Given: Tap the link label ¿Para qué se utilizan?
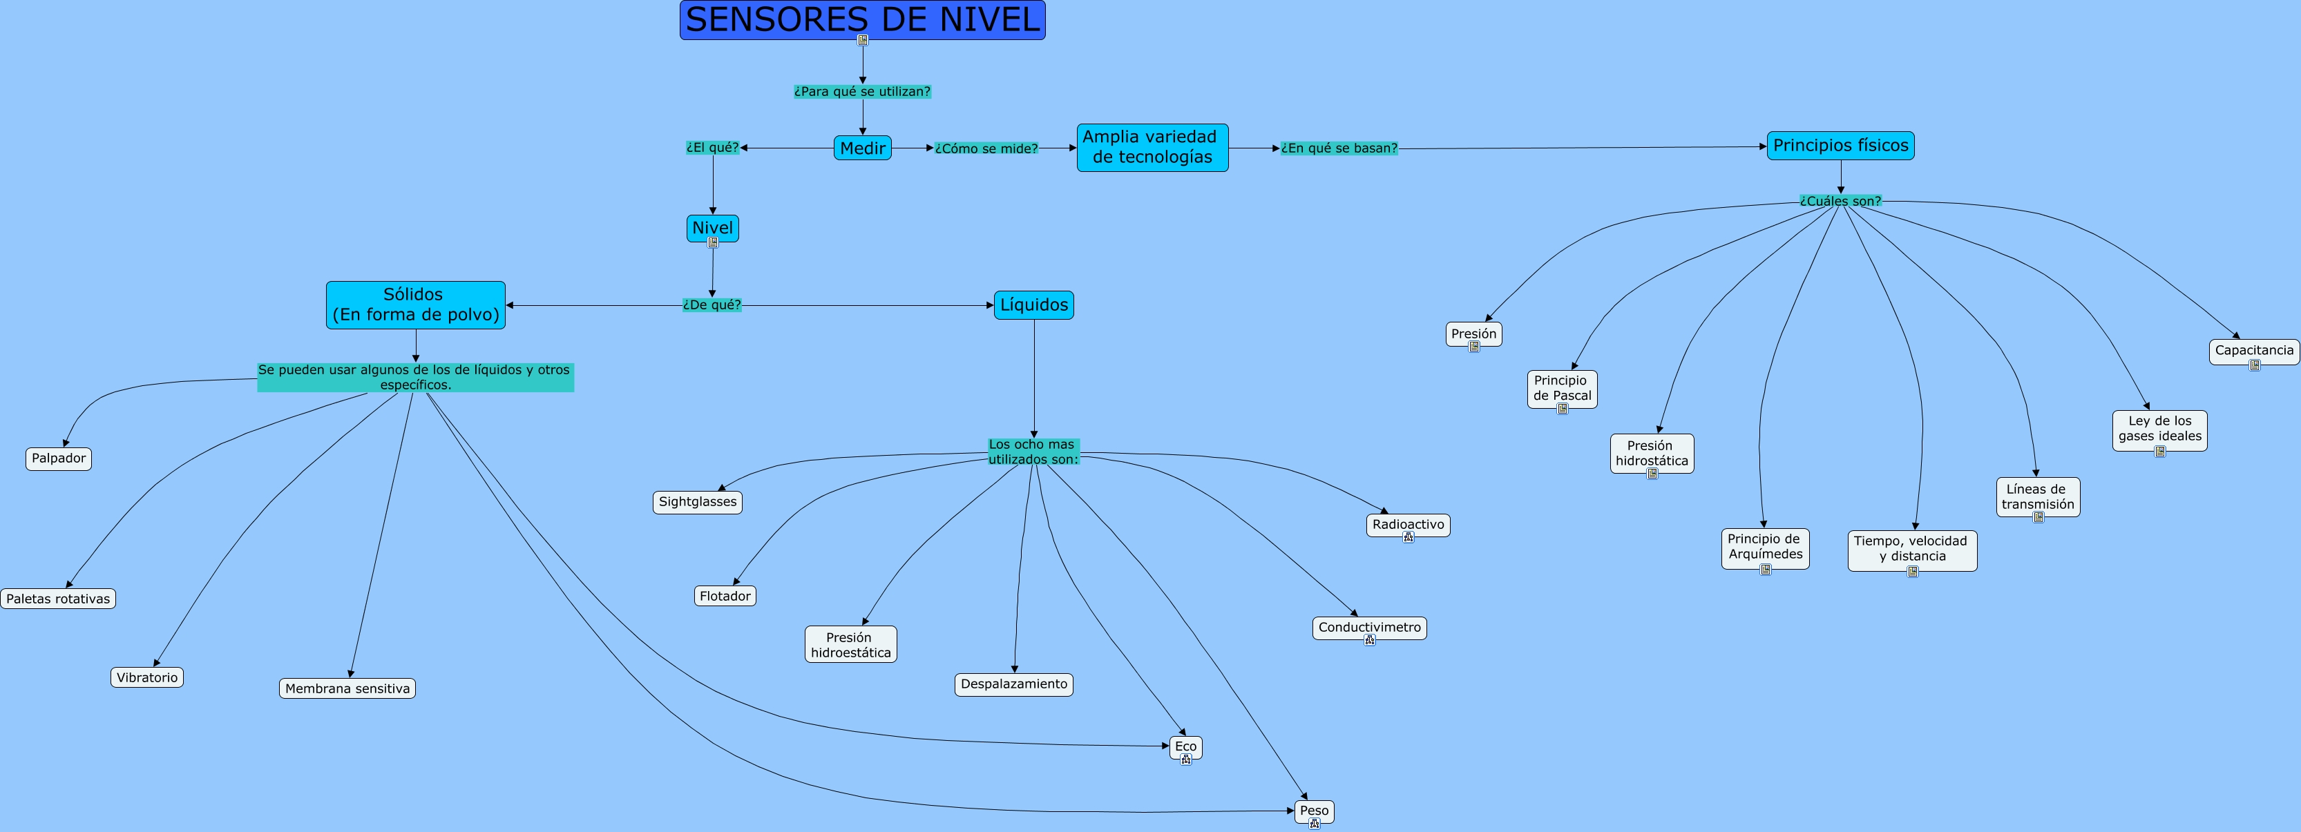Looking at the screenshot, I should (x=862, y=91).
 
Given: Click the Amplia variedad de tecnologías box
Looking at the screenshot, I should (x=1152, y=147).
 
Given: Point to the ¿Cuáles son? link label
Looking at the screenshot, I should (x=1840, y=201).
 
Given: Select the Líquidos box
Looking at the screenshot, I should (x=1033, y=305).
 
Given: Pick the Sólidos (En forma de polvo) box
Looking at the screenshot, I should (x=415, y=305).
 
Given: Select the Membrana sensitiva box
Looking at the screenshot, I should (x=347, y=688).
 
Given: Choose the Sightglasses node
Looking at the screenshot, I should (x=698, y=502).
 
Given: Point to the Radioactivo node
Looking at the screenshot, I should (x=1408, y=524).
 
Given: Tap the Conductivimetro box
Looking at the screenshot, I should (x=1369, y=627).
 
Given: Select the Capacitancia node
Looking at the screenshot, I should (x=2253, y=350).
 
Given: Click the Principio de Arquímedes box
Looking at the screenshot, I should (x=1765, y=546).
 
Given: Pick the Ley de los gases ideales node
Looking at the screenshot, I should (x=2159, y=429).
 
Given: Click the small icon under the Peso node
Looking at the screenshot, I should (x=1314, y=824).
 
